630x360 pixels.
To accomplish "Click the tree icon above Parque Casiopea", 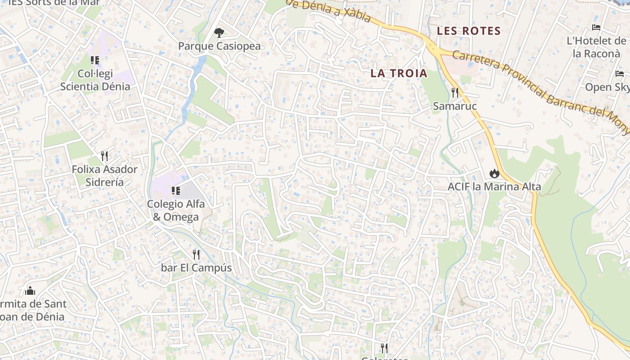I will point(219,32).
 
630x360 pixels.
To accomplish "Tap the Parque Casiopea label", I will point(219,46).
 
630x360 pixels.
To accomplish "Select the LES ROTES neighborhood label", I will point(469,31).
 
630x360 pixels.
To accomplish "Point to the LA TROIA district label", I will point(399,73).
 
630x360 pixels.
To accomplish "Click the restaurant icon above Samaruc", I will point(455,93).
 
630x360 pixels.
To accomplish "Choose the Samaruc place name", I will point(454,106).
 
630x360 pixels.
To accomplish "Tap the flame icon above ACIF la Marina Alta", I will point(494,173).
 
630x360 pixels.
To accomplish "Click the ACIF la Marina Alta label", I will point(494,186).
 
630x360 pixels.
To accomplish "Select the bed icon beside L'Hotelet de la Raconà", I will point(596,27).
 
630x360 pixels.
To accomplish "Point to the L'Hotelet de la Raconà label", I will point(596,47).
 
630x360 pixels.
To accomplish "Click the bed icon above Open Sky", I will point(620,74).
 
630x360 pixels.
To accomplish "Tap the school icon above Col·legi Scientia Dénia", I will point(94,60).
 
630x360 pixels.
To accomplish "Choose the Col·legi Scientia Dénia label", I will point(95,80).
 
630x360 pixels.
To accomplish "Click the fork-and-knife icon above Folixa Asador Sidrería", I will point(104,156).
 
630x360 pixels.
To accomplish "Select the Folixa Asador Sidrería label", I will point(104,175).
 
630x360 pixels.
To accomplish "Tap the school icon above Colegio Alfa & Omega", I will point(176,191).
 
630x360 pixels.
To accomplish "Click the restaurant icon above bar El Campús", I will point(196,255).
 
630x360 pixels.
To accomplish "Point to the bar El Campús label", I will point(196,268).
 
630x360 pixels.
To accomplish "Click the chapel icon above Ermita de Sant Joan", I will point(30,291).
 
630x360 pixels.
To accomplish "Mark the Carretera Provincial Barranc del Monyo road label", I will point(540,90).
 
